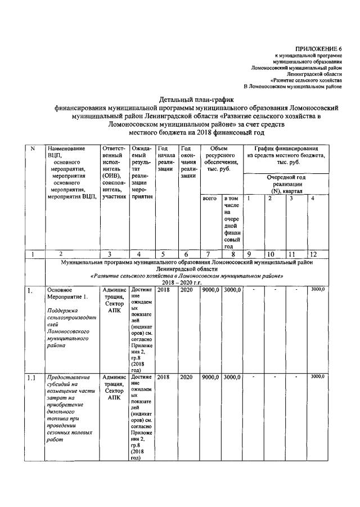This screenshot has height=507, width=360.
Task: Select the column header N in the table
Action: (x=33, y=149)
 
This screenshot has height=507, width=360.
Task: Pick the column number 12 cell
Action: (x=316, y=254)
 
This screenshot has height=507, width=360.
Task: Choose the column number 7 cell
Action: (x=210, y=254)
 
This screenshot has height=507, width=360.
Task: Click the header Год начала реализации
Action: (x=166, y=159)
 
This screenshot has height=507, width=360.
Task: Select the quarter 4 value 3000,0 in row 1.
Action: (x=317, y=289)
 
